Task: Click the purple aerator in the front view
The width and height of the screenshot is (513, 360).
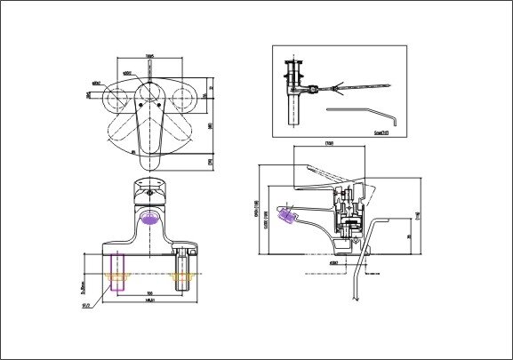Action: coord(149,217)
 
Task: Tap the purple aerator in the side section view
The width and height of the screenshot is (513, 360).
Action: coord(287,214)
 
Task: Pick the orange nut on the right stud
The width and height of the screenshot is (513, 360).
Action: coord(185,279)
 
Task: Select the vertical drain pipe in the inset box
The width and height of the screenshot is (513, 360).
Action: coord(293,111)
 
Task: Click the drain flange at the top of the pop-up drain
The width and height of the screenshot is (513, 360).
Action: coord(293,64)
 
